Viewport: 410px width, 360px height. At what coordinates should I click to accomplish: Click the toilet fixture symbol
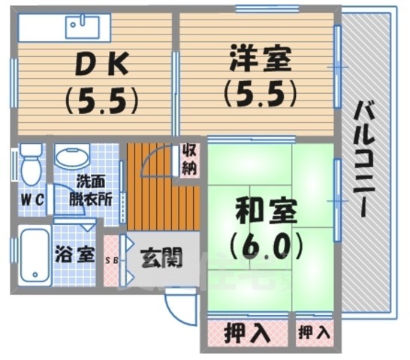pyautogui.click(x=30, y=164)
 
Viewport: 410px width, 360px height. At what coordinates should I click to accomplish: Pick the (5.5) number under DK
pyautogui.click(x=102, y=100)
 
